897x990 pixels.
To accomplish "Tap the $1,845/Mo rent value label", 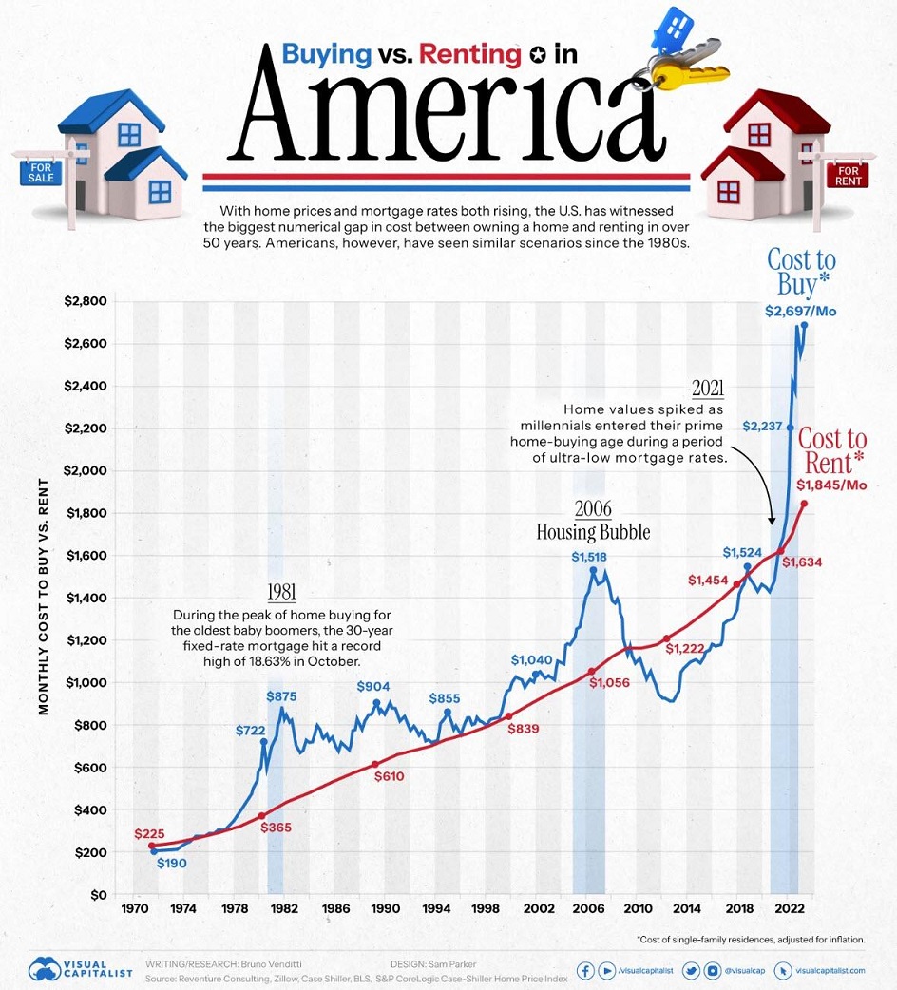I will pyautogui.click(x=830, y=486).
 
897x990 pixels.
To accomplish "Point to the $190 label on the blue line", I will pyautogui.click(x=171, y=865).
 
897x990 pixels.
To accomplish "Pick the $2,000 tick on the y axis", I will pyautogui.click(x=86, y=471).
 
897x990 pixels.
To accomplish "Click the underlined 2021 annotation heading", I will pyautogui.click(x=708, y=388).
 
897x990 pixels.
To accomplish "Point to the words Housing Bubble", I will pyautogui.click(x=593, y=532).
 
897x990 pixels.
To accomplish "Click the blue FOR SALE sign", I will pyautogui.click(x=37, y=170).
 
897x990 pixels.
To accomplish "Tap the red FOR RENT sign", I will pyautogui.click(x=848, y=175).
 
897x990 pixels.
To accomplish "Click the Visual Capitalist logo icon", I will pyautogui.click(x=47, y=968).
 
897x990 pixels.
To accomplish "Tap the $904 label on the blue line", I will pyautogui.click(x=374, y=687).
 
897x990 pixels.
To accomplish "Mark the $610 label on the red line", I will pyautogui.click(x=390, y=776).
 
